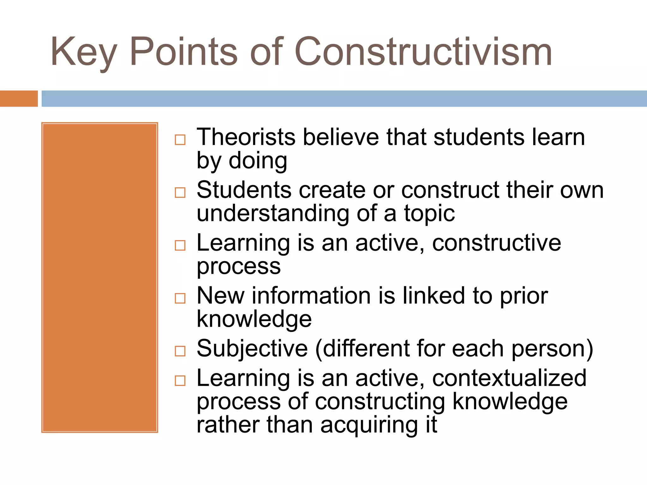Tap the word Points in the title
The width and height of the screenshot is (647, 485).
[x=183, y=52]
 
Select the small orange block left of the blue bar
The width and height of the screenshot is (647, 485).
[x=19, y=99]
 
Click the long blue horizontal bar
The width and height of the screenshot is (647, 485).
[x=344, y=99]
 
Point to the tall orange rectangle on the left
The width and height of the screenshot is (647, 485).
[x=100, y=277]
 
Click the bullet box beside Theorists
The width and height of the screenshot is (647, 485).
[x=180, y=140]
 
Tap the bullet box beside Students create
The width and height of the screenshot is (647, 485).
[x=180, y=192]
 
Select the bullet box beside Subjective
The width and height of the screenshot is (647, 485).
[x=180, y=351]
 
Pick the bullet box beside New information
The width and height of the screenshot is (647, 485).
[x=180, y=298]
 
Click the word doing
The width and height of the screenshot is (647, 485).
[x=258, y=161]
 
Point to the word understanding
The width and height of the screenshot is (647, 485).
[x=273, y=213]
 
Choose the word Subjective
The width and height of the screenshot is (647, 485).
[x=252, y=349]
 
